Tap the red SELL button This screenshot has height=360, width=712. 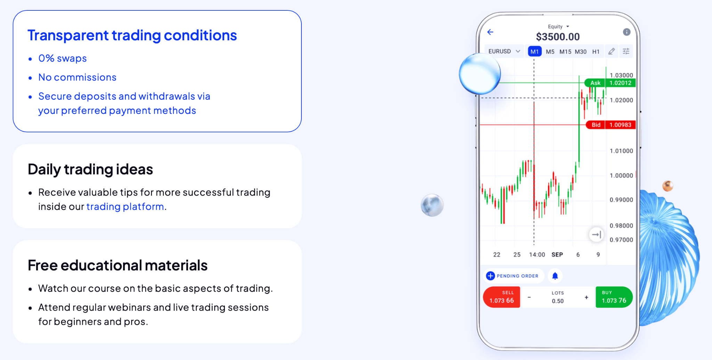pyautogui.click(x=501, y=297)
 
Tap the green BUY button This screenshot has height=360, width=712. pyautogui.click(x=614, y=297)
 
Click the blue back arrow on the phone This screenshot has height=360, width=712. pyautogui.click(x=490, y=32)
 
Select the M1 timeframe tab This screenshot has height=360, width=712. pyautogui.click(x=534, y=52)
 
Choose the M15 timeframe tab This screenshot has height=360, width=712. pyautogui.click(x=565, y=52)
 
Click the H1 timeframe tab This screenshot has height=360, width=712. pyautogui.click(x=596, y=52)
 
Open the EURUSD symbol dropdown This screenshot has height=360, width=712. pyautogui.click(x=504, y=51)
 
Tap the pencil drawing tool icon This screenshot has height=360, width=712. pyautogui.click(x=612, y=51)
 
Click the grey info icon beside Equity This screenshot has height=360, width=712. pyautogui.click(x=626, y=32)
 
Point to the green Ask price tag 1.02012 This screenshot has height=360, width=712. pyautogui.click(x=620, y=83)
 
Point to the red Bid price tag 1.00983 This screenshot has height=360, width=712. pyautogui.click(x=620, y=125)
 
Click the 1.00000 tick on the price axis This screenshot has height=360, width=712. pyautogui.click(x=621, y=176)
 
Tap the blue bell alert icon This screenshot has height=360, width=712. pyautogui.click(x=555, y=276)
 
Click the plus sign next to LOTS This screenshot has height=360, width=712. pyautogui.click(x=586, y=297)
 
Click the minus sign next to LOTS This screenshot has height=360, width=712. pyautogui.click(x=529, y=297)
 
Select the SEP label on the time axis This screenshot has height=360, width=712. pyautogui.click(x=557, y=255)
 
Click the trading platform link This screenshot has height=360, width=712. pyautogui.click(x=125, y=207)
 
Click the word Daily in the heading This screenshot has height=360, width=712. pyautogui.click(x=44, y=170)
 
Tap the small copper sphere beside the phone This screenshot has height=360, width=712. pyautogui.click(x=667, y=186)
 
